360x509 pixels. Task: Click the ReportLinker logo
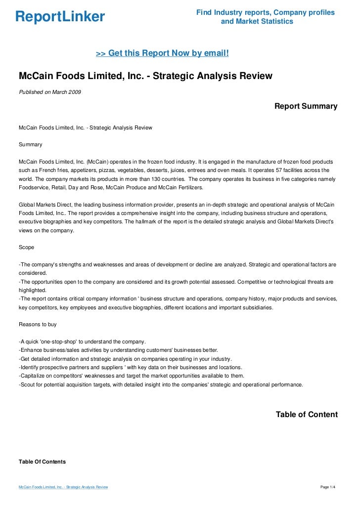pyautogui.click(x=60, y=17)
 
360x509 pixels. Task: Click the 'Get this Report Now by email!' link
pyautogui.click(x=162, y=52)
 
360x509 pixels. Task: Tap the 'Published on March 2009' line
pyautogui.click(x=50, y=92)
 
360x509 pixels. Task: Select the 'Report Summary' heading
pyautogui.click(x=306, y=106)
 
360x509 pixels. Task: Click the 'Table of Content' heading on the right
pyautogui.click(x=307, y=415)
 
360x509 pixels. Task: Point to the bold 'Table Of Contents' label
pyautogui.click(x=42, y=462)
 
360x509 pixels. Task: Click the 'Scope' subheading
pyautogui.click(x=27, y=247)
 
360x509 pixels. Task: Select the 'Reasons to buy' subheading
pyautogui.click(x=38, y=324)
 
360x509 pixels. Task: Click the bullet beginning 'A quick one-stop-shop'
pyautogui.click(x=82, y=341)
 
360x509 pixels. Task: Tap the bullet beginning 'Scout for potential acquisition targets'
pyautogui.click(x=161, y=384)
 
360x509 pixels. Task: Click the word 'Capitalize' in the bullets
pyautogui.click(x=33, y=376)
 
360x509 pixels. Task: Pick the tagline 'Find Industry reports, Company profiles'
pyautogui.click(x=266, y=12)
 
